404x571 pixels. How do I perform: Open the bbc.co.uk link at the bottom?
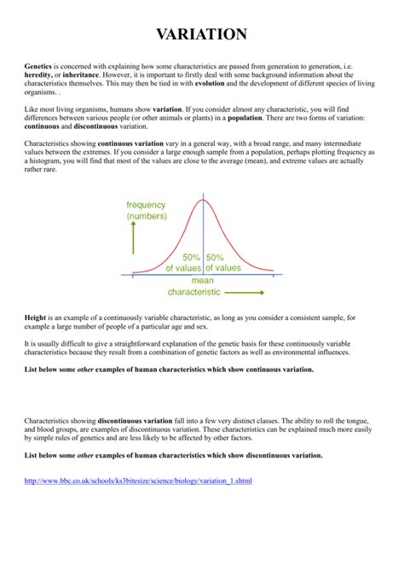coord(138,481)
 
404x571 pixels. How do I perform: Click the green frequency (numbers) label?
coord(147,210)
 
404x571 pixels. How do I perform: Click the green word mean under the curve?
coord(203,280)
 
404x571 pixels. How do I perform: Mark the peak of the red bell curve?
coord(202,200)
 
